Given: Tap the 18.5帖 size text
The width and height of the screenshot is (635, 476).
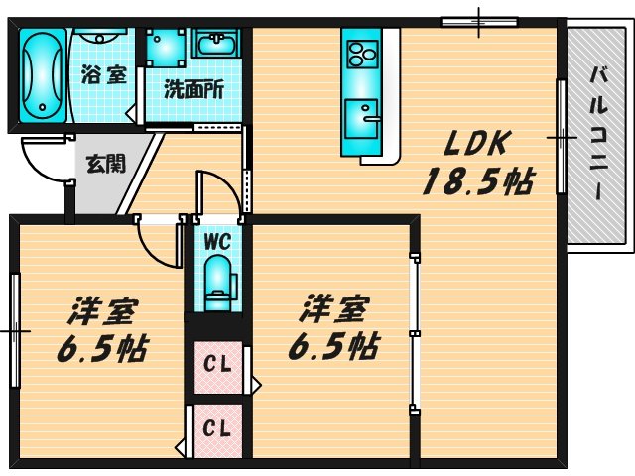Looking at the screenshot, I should pos(477,180).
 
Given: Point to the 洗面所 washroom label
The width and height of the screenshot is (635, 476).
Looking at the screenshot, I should pos(193,88).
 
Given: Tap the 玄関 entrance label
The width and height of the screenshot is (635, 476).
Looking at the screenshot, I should pos(105,163).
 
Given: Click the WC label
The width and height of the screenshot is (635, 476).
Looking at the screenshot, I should pos(216,239).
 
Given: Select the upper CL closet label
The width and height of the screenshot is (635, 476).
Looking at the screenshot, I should pos(216,363).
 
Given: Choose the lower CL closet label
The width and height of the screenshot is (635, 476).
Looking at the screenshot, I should pos(216,428).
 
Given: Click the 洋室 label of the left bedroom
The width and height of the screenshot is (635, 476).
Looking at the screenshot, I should pos(102,310).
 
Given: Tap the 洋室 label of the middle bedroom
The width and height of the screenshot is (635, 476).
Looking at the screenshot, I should pos(333,310).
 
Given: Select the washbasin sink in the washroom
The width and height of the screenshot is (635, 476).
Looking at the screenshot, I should pos(216,44).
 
